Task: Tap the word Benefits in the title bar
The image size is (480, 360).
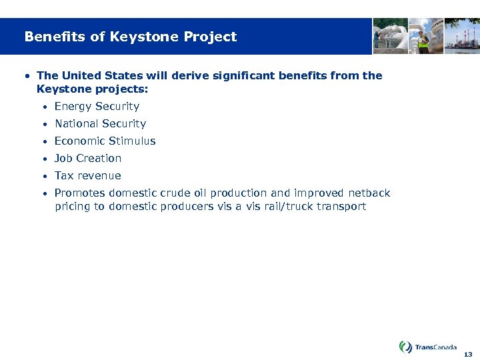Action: [x=55, y=37]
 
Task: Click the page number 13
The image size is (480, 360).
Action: [x=468, y=354]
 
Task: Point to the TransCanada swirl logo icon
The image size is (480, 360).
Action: [x=405, y=347]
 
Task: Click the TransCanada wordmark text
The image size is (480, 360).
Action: [x=436, y=347]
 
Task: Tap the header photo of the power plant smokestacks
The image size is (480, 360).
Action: [x=462, y=35]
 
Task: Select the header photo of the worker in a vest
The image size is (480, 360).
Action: [x=426, y=35]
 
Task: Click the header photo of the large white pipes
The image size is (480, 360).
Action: [x=389, y=35]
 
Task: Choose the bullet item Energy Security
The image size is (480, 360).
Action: [x=97, y=106]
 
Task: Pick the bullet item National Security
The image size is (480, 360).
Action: [x=100, y=123]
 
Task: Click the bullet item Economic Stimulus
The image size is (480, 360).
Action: [x=105, y=141]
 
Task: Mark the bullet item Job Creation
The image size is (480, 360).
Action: [x=88, y=158]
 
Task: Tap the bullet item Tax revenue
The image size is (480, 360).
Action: [x=87, y=175]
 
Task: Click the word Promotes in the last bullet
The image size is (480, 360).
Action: [x=80, y=193]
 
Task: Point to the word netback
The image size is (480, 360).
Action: [x=369, y=193]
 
